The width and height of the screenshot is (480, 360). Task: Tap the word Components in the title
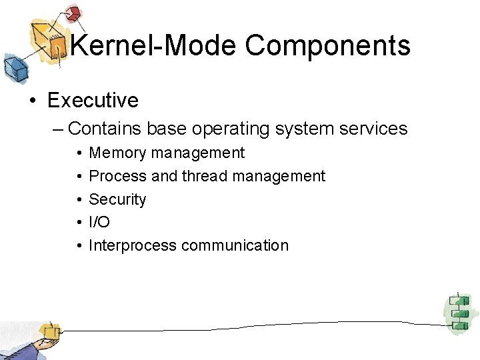[327, 46]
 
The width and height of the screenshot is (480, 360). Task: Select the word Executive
[93, 101]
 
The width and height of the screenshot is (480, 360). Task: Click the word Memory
[117, 153]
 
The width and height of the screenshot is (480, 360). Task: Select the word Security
[117, 199]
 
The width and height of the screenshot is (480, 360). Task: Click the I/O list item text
[99, 223]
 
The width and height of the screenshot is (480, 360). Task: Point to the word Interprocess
[133, 245]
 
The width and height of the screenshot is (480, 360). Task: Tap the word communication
[235, 245]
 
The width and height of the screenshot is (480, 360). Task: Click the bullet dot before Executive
[33, 101]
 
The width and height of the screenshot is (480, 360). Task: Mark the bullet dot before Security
[79, 200]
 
